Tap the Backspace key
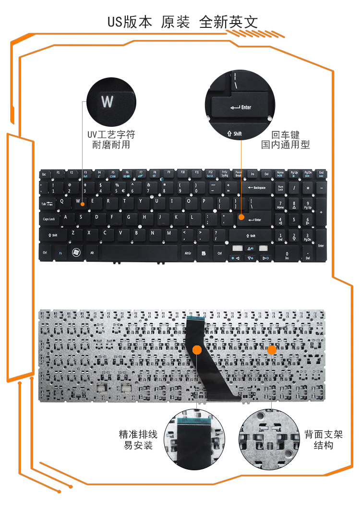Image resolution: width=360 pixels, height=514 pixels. coord(256,188)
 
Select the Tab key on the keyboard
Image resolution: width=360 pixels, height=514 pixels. coord(47,204)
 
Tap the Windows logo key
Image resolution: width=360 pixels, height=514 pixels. coord(76,252)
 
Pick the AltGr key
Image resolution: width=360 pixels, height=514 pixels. coord(188,252)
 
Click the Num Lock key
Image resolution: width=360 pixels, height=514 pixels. coord(280,188)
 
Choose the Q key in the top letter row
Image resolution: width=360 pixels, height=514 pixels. coord(62,202)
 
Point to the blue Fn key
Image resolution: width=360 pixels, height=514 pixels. coord(60,252)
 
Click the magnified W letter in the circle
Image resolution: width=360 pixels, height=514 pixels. coord(107,102)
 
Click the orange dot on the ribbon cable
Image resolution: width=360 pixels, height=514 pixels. coord(197,350)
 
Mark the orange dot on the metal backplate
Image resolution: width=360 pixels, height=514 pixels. coord(272,350)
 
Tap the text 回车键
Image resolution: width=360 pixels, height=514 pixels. coord(286,135)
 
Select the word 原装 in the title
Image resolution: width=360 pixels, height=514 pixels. coord(176,22)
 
